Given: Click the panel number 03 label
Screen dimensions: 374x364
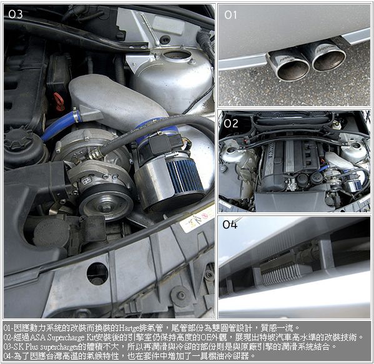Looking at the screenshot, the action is [16, 14].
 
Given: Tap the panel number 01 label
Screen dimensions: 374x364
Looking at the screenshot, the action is [230, 15].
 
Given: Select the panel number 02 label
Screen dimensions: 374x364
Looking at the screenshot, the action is [230, 124].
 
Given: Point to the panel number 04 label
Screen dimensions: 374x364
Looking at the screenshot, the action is [230, 225].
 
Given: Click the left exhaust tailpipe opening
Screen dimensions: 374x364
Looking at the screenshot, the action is [293, 70].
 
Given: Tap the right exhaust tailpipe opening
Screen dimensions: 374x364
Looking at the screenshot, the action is [329, 60].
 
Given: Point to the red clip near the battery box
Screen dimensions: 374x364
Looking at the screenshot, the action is [59, 101].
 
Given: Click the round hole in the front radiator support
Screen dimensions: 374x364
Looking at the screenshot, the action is [97, 273].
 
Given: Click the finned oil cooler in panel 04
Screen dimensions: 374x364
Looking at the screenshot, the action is [280, 273].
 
